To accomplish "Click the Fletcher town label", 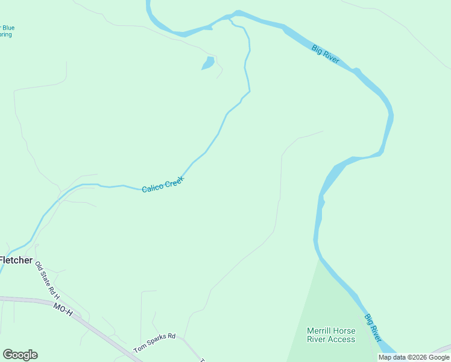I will (x=16, y=260).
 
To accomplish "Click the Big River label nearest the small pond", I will (x=326, y=54).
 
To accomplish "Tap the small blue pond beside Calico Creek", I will (x=207, y=63).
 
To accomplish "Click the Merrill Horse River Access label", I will (x=331, y=335).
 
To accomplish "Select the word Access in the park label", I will (x=342, y=339).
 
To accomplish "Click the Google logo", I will (x=20, y=355).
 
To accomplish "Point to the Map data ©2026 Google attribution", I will (x=414, y=357).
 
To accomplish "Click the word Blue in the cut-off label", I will (x=9, y=28).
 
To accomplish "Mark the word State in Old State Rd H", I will (x=46, y=279).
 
